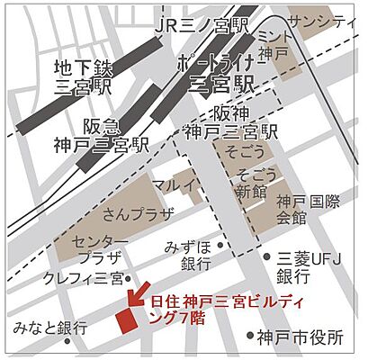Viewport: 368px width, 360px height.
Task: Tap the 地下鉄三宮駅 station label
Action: click(84, 76)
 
